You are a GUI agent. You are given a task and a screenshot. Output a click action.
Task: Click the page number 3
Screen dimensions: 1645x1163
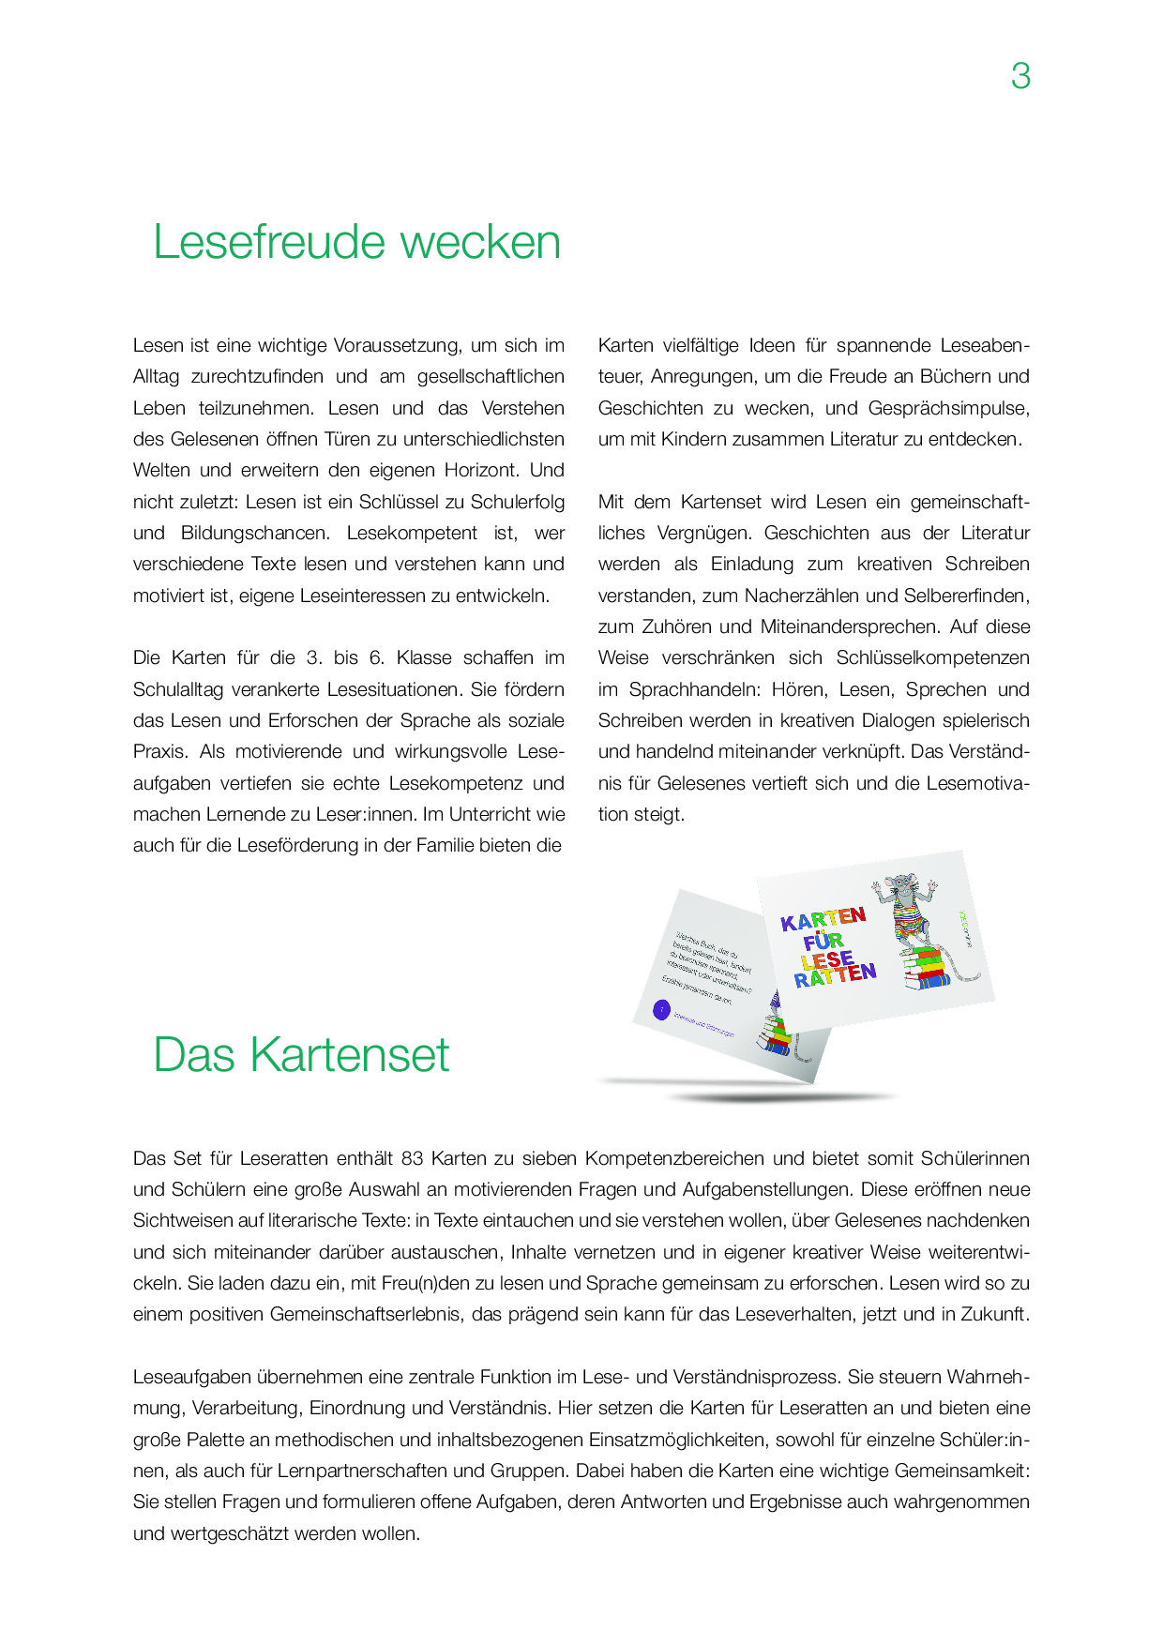(x=1020, y=76)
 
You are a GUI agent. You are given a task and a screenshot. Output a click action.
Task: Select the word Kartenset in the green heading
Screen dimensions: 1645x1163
(x=350, y=1055)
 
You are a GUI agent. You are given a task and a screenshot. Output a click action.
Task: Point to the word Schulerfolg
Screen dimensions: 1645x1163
(x=518, y=502)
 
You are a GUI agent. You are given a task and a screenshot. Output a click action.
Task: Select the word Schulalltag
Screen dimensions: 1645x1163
(x=178, y=689)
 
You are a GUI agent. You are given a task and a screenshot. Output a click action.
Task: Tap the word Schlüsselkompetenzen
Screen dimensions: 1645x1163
(x=932, y=657)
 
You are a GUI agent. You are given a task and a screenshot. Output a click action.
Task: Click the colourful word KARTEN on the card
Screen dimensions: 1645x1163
(x=823, y=919)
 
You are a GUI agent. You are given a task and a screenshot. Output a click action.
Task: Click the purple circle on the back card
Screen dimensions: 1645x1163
(x=662, y=1010)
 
